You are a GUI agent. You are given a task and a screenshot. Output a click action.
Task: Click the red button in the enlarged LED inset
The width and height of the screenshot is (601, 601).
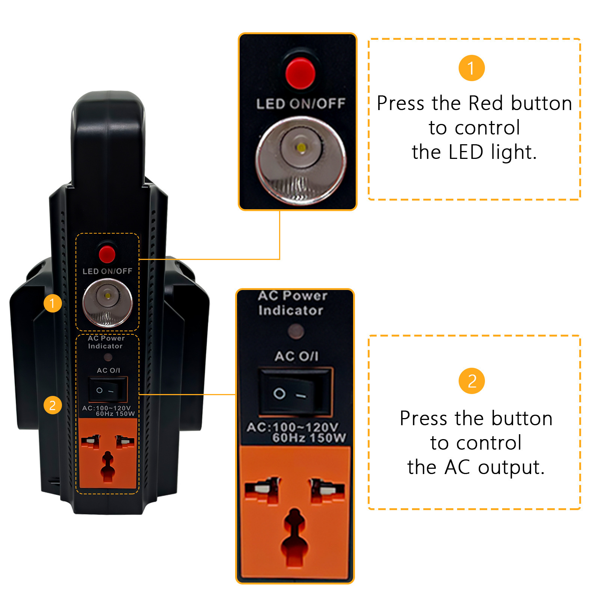pyautogui.click(x=300, y=73)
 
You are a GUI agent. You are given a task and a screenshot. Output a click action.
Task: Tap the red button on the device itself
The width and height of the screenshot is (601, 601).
pyautogui.click(x=107, y=254)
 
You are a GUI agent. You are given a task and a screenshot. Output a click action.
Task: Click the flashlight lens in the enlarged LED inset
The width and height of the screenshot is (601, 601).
pyautogui.click(x=300, y=159)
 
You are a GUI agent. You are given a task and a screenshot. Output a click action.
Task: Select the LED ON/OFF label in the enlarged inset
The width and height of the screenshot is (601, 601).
pyautogui.click(x=300, y=104)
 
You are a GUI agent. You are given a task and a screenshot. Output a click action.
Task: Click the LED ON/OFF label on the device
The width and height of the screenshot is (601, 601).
pyautogui.click(x=107, y=271)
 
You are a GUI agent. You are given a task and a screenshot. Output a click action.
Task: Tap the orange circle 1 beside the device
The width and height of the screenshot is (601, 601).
pyautogui.click(x=53, y=303)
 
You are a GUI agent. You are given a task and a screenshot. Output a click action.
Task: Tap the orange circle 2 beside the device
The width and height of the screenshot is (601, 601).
pyautogui.click(x=53, y=405)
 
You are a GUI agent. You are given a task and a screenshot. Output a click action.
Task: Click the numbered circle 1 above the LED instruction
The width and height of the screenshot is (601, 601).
pyautogui.click(x=472, y=68)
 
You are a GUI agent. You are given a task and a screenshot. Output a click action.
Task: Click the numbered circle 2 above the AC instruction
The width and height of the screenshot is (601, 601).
pyautogui.click(x=472, y=381)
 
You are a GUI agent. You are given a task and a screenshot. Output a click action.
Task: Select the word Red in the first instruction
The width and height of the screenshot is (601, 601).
pyautogui.click(x=486, y=103)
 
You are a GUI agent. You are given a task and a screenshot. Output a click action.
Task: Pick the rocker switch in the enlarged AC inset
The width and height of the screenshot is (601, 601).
pyautogui.click(x=295, y=392)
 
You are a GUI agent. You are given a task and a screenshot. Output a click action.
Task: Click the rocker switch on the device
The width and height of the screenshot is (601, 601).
pyautogui.click(x=108, y=389)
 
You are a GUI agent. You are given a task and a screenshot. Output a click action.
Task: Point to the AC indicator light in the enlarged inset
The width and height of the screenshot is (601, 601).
pyautogui.click(x=296, y=332)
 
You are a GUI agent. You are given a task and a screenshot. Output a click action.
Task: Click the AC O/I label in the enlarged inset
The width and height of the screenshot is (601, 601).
pyautogui.click(x=296, y=356)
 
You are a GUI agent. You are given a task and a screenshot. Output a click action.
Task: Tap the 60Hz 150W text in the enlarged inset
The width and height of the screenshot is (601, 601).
pyautogui.click(x=309, y=438)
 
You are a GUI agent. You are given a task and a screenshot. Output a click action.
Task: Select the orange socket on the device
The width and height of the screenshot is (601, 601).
pyautogui.click(x=107, y=453)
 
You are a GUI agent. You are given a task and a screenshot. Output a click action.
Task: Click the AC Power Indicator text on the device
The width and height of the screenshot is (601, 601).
pyautogui.click(x=106, y=342)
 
